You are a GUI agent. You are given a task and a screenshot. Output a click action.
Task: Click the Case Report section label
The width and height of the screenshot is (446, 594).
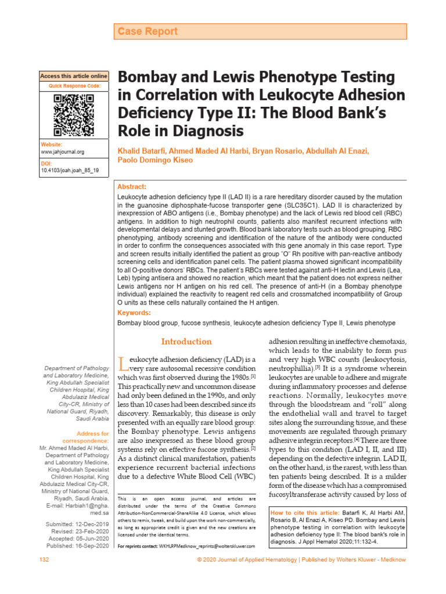(148, 31)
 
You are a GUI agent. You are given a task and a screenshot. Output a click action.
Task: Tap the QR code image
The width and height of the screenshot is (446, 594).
(74, 114)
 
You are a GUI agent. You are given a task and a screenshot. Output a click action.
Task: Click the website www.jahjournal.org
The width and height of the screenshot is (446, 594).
(63, 152)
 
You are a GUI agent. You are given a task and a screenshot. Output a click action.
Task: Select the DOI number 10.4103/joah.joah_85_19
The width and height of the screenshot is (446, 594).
(70, 171)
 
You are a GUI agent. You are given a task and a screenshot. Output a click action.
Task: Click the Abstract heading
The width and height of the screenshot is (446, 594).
(132, 187)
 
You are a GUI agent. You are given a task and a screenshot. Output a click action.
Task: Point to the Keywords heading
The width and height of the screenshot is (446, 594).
(134, 312)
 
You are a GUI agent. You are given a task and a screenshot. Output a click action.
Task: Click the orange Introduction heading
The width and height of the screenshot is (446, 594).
(187, 342)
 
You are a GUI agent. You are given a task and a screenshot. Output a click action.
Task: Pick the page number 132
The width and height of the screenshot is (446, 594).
(44, 559)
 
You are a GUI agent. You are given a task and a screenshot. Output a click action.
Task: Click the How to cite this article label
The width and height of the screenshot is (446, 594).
(302, 513)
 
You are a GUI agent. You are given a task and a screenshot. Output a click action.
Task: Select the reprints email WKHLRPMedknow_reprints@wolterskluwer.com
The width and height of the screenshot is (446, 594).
(207, 547)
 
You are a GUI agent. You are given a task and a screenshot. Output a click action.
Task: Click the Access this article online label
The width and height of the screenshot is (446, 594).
(74, 76)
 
